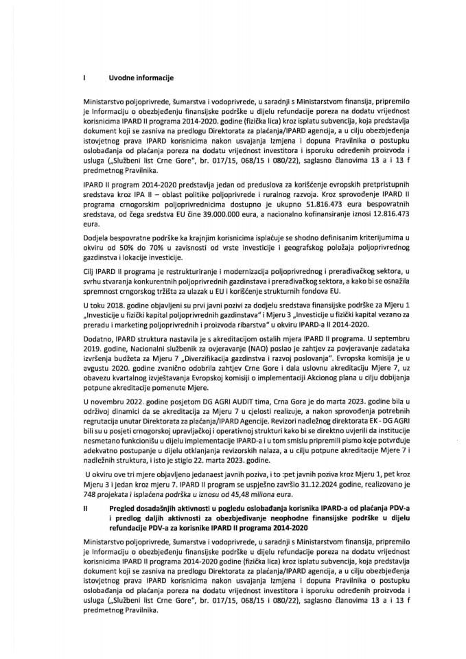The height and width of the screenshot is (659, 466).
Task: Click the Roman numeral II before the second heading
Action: [84, 509]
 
